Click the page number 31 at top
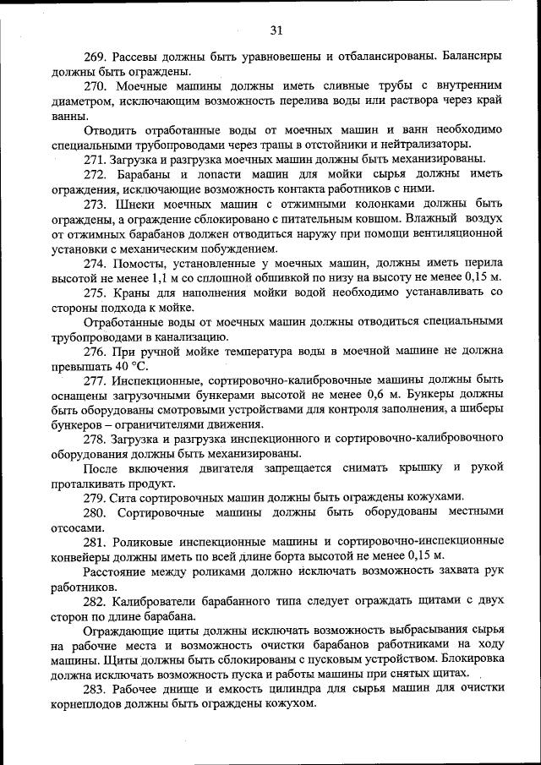tap(276, 31)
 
